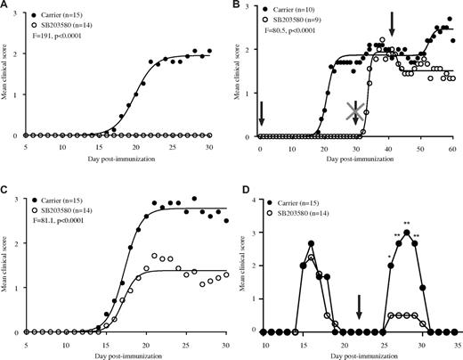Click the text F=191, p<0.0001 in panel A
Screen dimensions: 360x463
point(69,40)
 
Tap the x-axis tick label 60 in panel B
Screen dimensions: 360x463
point(452,146)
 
